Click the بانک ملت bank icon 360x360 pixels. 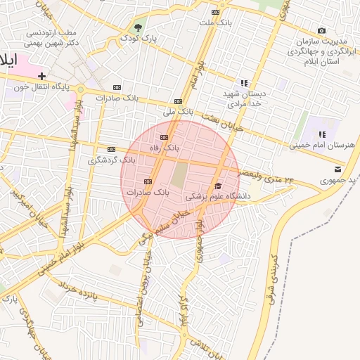pyautogui.click(x=215, y=12)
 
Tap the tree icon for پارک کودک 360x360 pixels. pyautogui.click(x=137, y=28)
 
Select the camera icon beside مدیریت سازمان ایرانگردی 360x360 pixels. pyautogui.click(x=322, y=30)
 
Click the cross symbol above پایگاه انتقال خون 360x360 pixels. pyautogui.click(x=42, y=75)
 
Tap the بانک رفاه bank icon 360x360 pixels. pyautogui.click(x=165, y=137)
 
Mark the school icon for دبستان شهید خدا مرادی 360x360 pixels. pyautogui.click(x=244, y=83)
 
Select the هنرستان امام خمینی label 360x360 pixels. pyautogui.click(x=317, y=146)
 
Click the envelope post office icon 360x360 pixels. pyautogui.click(x=337, y=169)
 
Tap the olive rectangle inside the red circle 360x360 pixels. pyautogui.click(x=180, y=174)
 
